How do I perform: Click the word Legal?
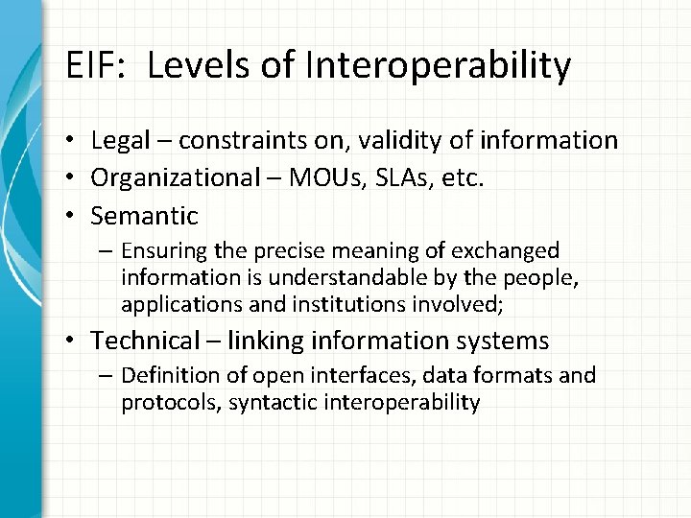(116, 141)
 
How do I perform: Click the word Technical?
(141, 340)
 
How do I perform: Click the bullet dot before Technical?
(74, 341)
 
